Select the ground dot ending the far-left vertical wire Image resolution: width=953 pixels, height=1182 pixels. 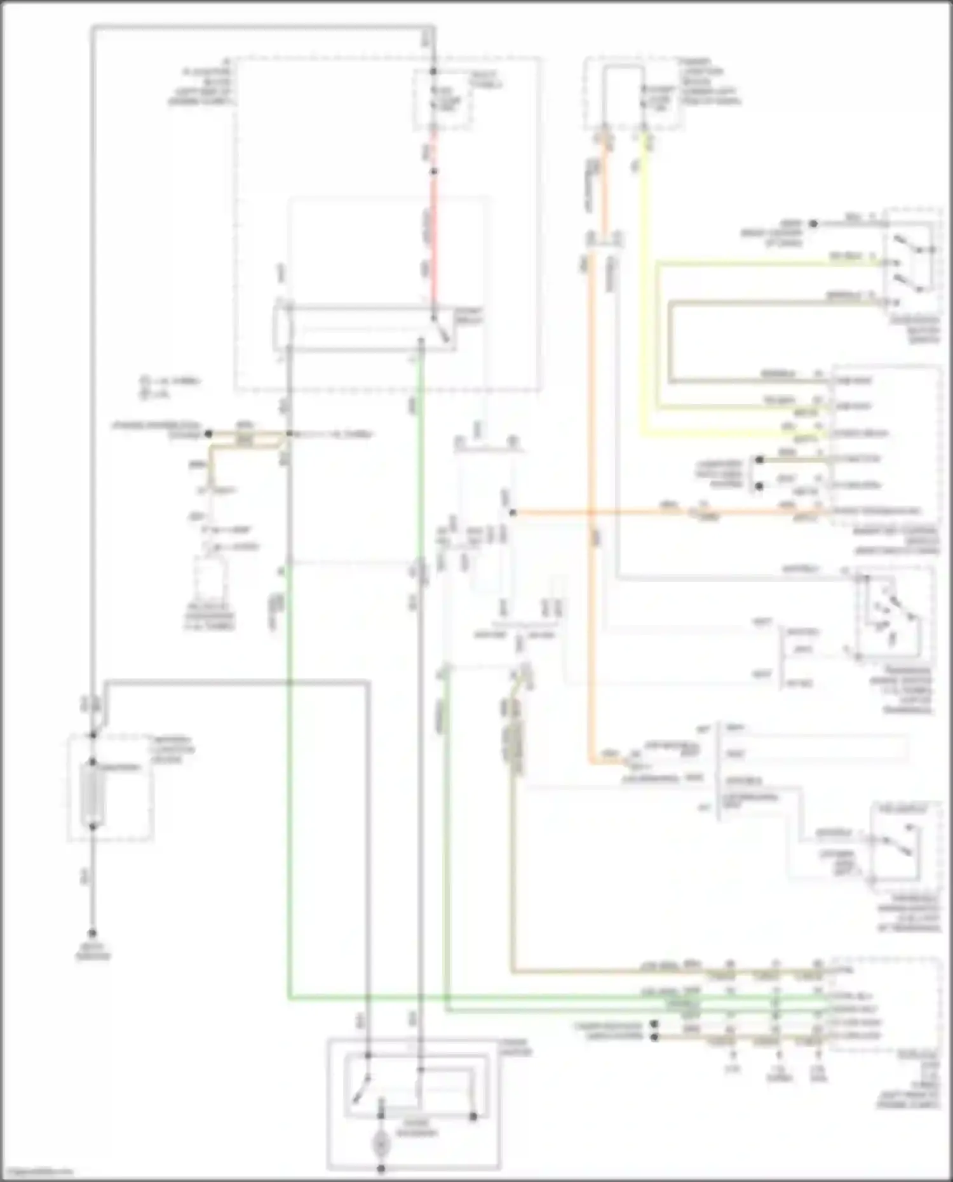(x=93, y=933)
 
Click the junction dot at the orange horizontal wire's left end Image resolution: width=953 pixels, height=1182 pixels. (x=513, y=512)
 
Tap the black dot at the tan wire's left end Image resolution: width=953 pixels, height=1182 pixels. (x=208, y=434)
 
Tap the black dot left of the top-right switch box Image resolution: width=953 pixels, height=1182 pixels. (x=813, y=224)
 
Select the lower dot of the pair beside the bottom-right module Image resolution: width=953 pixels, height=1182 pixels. (x=654, y=1037)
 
